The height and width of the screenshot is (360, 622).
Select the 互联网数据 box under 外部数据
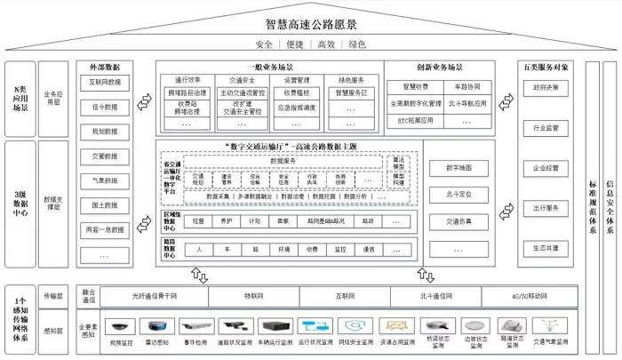[105, 83]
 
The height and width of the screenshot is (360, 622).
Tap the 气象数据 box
[105, 181]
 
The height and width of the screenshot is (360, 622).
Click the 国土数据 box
[105, 205]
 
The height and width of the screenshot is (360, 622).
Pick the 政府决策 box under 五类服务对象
[546, 89]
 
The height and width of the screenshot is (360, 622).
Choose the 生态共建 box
[546, 248]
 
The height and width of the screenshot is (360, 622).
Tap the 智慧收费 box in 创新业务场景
[415, 87]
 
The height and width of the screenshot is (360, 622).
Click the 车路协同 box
[478, 87]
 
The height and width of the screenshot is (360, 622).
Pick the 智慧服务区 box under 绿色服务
[352, 92]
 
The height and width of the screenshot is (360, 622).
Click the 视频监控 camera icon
[120, 326]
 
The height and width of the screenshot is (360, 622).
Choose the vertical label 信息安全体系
[610, 206]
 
